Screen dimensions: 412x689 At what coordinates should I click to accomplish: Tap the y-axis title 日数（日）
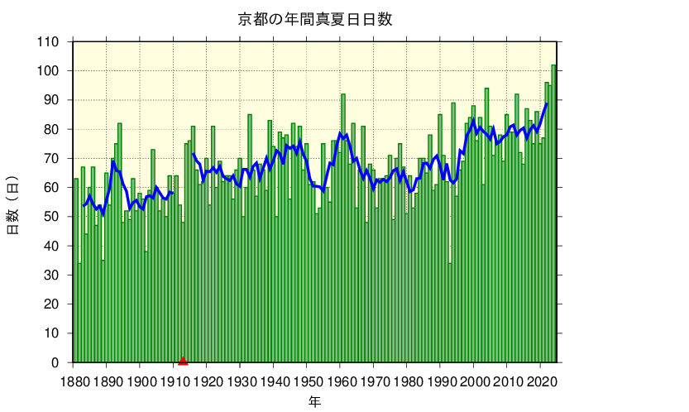click(13, 204)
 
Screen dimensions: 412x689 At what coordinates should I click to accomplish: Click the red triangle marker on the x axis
click(183, 360)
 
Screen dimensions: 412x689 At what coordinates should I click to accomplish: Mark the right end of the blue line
click(547, 103)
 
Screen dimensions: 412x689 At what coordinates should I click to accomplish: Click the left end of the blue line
click(83, 205)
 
